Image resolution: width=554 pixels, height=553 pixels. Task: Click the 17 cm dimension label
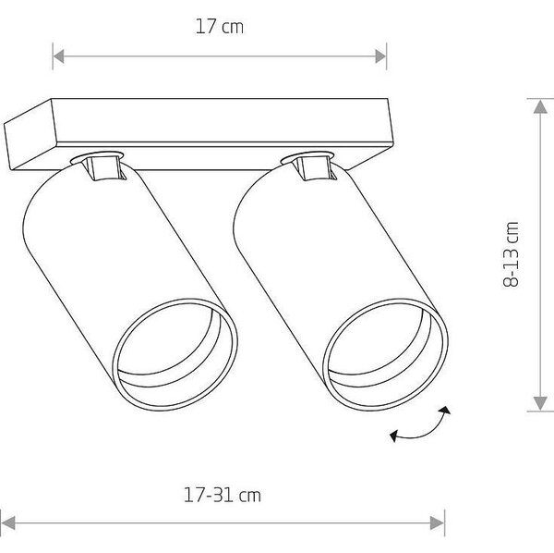click(x=220, y=27)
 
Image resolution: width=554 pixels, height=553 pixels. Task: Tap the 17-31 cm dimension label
click(x=223, y=495)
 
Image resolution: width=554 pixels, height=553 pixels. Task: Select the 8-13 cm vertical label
click(x=511, y=254)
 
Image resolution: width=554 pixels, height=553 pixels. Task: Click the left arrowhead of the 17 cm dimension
click(x=59, y=56)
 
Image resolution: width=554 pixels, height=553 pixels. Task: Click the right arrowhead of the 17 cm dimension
click(x=380, y=56)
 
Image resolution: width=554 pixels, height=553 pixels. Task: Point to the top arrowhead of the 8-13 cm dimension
click(x=540, y=106)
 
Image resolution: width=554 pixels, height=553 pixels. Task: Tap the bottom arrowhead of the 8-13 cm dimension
click(x=540, y=404)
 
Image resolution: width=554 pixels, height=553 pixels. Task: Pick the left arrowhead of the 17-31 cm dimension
click(x=8, y=522)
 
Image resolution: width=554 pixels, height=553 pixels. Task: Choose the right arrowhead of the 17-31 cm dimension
click(x=437, y=522)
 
